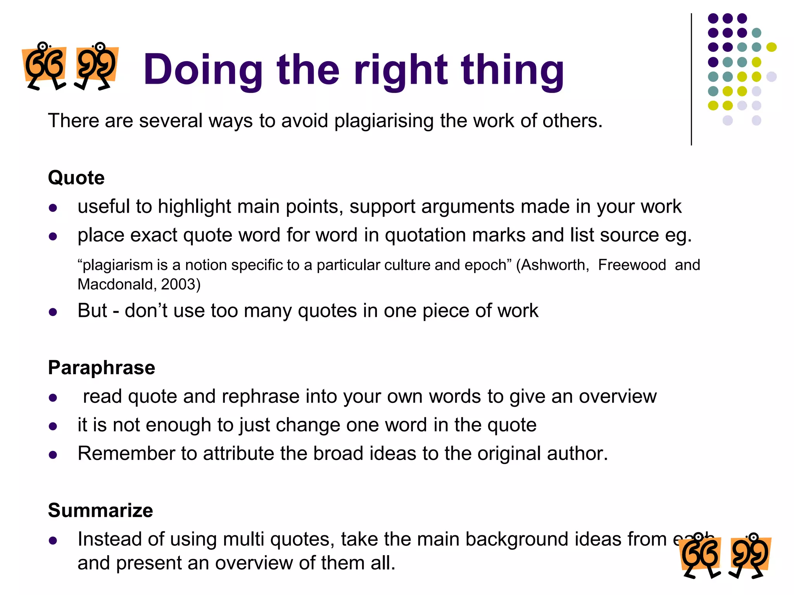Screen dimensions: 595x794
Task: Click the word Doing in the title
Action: (203, 70)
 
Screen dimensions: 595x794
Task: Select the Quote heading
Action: (76, 178)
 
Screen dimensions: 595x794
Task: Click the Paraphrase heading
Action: (101, 367)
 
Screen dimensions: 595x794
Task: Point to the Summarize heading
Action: (100, 510)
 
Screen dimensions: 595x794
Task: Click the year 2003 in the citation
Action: (178, 284)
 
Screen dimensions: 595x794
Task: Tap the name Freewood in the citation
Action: (632, 265)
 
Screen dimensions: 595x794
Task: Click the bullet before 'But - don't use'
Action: (53, 312)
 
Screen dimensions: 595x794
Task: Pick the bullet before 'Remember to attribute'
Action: (53, 455)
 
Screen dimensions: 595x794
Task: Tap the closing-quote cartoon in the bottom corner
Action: (750, 556)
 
